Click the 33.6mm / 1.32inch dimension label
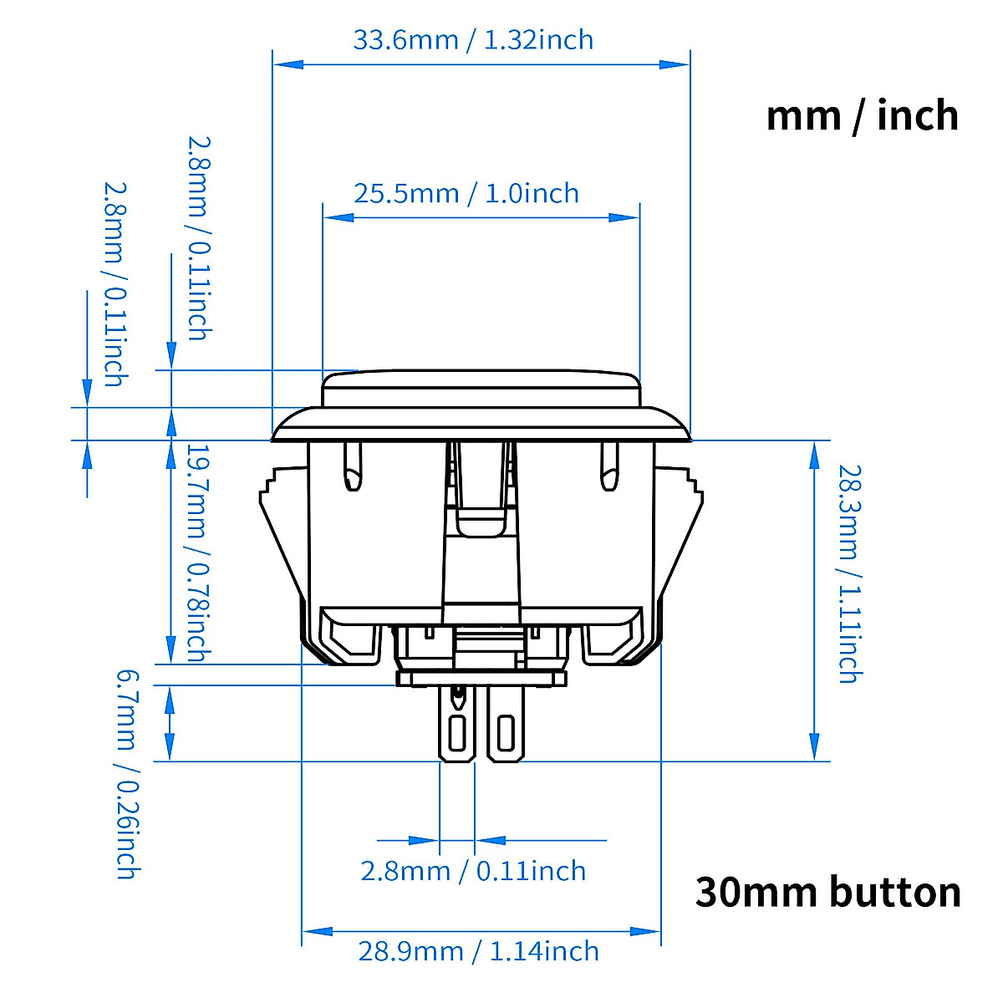tap(473, 40)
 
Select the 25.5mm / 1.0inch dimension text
tap(466, 194)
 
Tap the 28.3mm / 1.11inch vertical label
tap(848, 573)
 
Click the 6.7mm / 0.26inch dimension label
tap(125, 772)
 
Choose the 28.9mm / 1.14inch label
tap(478, 951)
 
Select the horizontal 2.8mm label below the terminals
tap(473, 871)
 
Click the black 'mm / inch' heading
tap(862, 115)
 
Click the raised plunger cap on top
tap(481, 389)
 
